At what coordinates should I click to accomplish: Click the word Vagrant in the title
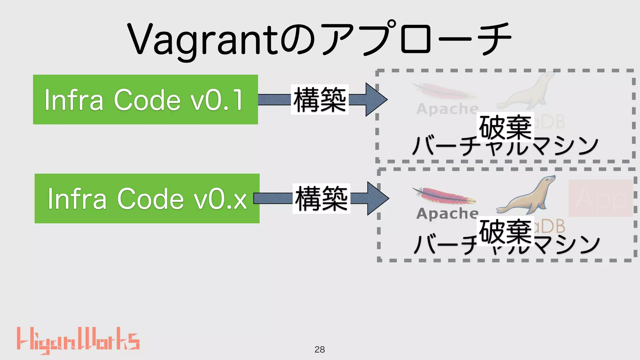203,41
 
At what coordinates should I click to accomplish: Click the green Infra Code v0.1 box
145,99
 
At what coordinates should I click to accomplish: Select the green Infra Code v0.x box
147,198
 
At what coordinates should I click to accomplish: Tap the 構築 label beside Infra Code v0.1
320,99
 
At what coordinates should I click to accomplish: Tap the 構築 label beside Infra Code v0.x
321,198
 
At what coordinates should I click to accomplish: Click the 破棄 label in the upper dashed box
505,127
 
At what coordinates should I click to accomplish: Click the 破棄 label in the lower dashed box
505,231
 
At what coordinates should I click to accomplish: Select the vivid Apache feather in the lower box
444,195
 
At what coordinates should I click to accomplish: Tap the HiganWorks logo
78,341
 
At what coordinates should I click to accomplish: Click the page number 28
320,349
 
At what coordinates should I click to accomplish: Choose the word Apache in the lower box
447,214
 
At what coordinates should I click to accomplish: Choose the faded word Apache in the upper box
447,109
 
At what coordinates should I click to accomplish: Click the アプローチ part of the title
416,39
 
